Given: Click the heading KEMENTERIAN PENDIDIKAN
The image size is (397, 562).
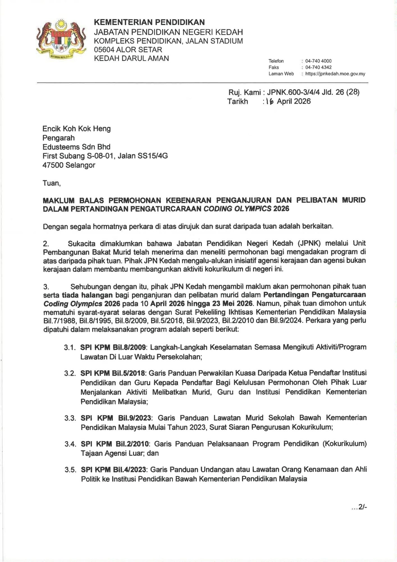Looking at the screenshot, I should click(149, 22).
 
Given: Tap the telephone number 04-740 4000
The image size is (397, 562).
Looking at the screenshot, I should click(318, 61).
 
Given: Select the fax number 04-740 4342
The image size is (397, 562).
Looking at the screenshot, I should click(318, 67).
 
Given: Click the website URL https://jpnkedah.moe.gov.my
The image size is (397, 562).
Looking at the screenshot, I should click(335, 74).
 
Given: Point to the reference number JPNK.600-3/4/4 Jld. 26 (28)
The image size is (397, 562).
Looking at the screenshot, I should click(313, 92).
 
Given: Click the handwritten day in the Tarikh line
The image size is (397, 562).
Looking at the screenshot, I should click(270, 101).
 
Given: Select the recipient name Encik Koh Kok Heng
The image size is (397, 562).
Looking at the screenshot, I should click(76, 129).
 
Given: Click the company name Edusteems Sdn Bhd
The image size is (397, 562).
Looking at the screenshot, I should click(76, 147).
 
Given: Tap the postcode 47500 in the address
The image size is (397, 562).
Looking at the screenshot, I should click(53, 165).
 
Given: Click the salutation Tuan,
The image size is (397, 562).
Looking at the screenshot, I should click(51, 183).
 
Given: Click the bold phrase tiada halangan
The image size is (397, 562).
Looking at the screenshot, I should click(87, 295).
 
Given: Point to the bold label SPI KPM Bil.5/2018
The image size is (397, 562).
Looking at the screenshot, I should click(113, 373).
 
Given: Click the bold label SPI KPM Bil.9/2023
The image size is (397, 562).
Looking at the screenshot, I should click(116, 418).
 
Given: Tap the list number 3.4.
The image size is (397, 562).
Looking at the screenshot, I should click(70, 444).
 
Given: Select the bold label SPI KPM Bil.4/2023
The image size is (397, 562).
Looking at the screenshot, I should click(113, 470).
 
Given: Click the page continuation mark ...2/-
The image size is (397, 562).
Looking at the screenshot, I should click(359, 507).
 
